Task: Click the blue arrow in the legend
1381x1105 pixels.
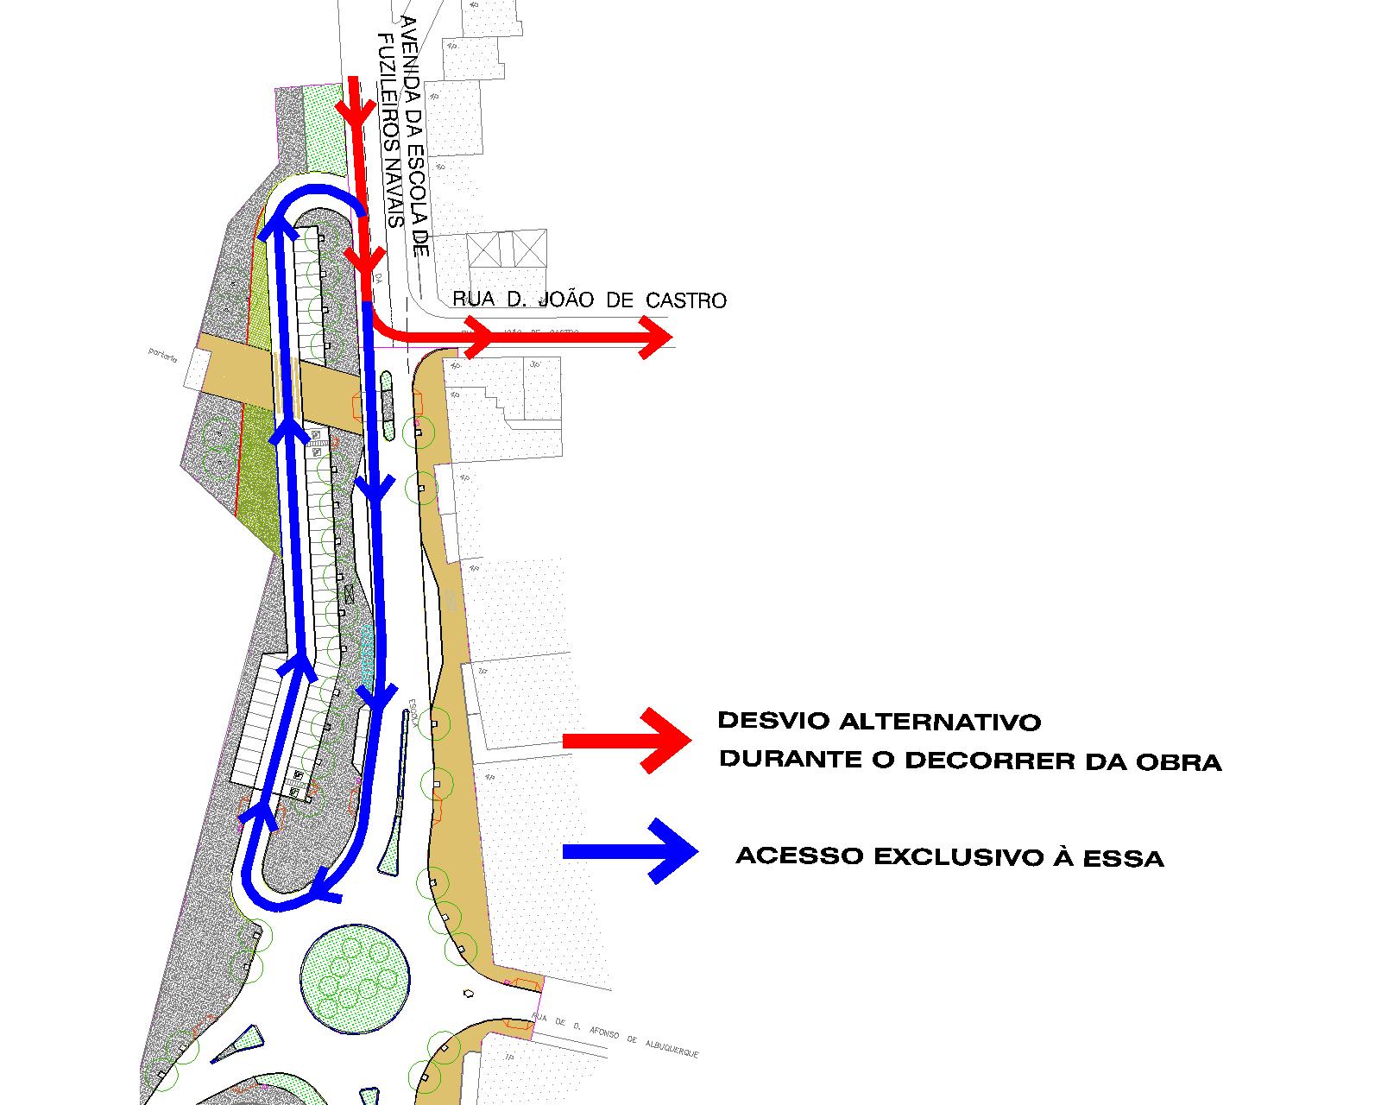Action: pos(630,851)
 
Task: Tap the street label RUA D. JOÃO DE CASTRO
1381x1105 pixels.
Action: pos(590,300)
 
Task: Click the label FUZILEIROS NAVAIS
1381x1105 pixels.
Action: pos(394,129)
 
